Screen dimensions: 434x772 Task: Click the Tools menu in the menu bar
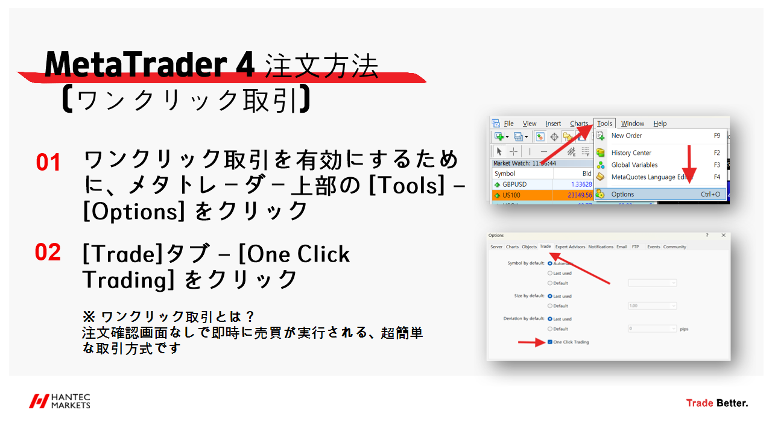[x=604, y=124]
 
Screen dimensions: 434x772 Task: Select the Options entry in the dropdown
[x=622, y=194]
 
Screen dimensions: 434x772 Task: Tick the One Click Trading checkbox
[x=550, y=342]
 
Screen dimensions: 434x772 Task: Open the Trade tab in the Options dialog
[x=545, y=247]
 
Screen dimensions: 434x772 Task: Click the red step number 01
[x=48, y=163]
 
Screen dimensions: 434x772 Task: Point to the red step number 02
[x=48, y=253]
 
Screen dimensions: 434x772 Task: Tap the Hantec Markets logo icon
[x=39, y=401]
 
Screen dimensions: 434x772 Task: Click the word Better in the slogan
[x=732, y=403]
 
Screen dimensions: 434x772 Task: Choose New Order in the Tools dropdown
[x=626, y=136]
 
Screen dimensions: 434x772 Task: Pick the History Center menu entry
[x=631, y=153]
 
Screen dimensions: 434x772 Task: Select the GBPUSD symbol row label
[x=514, y=184]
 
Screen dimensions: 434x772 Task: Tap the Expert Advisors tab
[x=570, y=247]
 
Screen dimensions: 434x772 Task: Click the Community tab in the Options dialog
[x=674, y=247]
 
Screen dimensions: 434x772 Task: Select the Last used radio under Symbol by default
[x=549, y=273]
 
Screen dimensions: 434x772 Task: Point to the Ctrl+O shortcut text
[x=710, y=194]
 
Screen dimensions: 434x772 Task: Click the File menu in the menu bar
[x=508, y=124]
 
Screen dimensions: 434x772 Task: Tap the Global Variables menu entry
[x=634, y=165]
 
